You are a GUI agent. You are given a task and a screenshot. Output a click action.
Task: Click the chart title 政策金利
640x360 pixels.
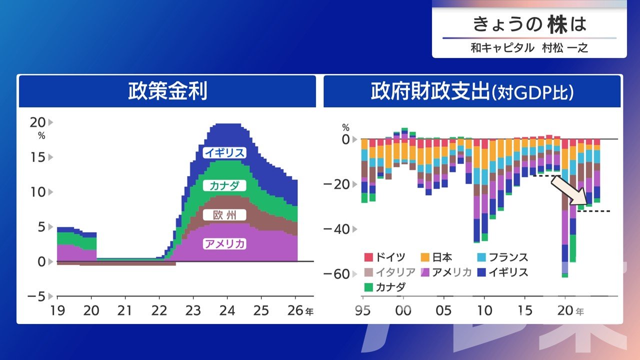click(x=167, y=92)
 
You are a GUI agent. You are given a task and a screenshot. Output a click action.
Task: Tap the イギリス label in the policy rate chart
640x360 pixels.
click(x=224, y=153)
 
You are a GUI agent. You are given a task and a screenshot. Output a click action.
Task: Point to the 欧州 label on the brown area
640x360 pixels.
click(x=224, y=215)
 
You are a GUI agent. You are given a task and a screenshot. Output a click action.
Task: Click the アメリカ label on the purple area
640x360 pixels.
click(x=224, y=244)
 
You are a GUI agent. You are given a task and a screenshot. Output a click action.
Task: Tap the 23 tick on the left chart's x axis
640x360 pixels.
click(x=193, y=310)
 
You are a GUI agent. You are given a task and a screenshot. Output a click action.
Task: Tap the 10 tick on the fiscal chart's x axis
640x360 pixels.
click(x=484, y=310)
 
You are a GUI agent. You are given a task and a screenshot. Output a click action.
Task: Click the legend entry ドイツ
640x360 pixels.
click(x=387, y=257)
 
